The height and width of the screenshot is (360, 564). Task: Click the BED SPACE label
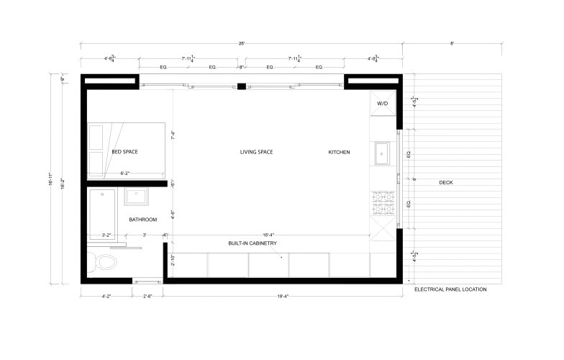(x=124, y=152)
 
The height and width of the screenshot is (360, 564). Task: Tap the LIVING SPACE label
(x=256, y=152)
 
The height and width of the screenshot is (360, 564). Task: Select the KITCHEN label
(x=339, y=152)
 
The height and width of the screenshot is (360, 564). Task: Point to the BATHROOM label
(x=143, y=219)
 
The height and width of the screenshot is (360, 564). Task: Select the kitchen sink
(x=381, y=152)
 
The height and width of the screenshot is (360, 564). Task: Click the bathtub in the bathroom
(x=101, y=215)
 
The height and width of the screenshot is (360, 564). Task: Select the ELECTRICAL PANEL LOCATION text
(x=450, y=289)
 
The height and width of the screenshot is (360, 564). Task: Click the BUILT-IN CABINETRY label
(x=253, y=243)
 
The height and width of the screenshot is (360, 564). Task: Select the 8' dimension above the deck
(x=452, y=44)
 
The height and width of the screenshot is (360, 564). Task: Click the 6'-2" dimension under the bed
(x=124, y=174)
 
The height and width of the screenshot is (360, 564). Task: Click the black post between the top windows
(x=242, y=86)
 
